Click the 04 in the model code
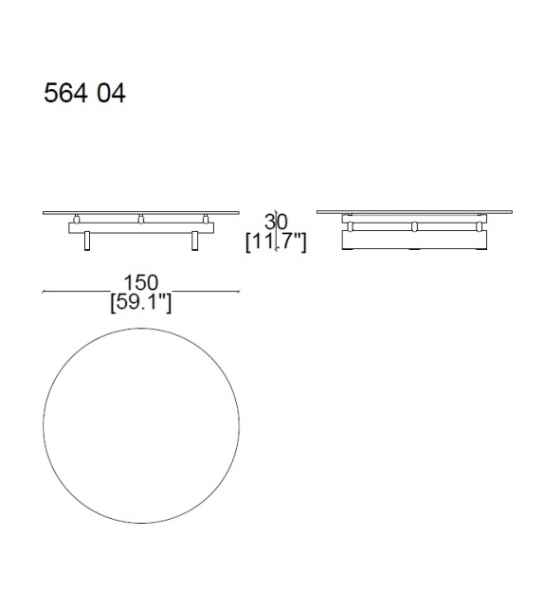[x=109, y=94]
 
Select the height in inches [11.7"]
[x=276, y=242]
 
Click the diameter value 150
[x=140, y=283]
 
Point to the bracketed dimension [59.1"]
[x=140, y=302]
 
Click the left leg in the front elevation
[x=87, y=241]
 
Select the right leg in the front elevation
[x=195, y=241]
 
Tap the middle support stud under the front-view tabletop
[x=141, y=221]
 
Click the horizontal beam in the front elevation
[x=141, y=228]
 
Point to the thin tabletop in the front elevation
[x=141, y=214]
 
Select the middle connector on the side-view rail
[x=414, y=227]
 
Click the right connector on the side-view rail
[x=481, y=227]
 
